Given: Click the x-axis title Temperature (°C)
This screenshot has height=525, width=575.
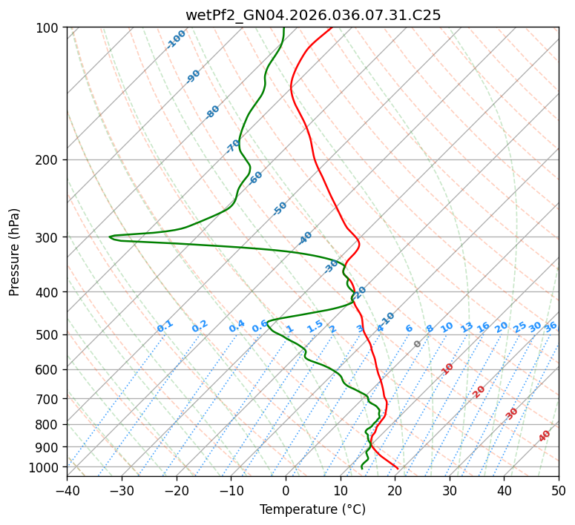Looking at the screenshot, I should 312,510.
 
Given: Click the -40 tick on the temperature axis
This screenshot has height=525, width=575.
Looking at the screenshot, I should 67,490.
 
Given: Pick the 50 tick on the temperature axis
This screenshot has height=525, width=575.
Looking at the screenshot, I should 559,490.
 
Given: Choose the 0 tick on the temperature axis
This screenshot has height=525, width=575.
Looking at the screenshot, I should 286,490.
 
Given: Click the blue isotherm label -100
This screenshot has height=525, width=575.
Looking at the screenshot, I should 177,39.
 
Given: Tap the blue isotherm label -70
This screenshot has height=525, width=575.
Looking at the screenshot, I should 233,146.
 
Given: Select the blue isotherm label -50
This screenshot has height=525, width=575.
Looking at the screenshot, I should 280,208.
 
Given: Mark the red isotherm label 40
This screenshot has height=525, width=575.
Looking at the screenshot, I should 545,436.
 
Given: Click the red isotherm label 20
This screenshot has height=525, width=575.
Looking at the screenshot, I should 479,391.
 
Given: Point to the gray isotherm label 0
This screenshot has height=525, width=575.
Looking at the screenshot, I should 418,344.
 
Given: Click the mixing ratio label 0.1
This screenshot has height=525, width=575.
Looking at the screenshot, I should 165,326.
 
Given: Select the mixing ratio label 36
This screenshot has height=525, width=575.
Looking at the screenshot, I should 551,326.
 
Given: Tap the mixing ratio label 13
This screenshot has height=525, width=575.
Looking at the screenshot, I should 467,327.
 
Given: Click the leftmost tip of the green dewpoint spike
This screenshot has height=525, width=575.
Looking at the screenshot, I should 110,237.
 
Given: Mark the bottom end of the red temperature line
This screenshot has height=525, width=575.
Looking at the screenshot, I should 398,468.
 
